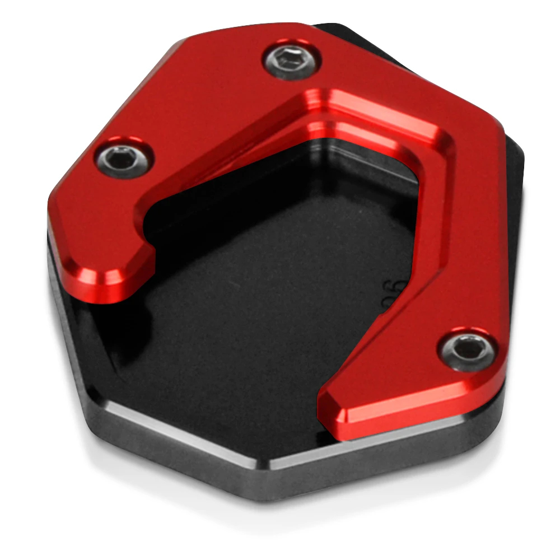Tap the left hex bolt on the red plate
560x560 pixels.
[x=124, y=158]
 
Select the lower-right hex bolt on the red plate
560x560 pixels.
[x=468, y=350]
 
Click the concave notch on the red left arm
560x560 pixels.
[x=148, y=246]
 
